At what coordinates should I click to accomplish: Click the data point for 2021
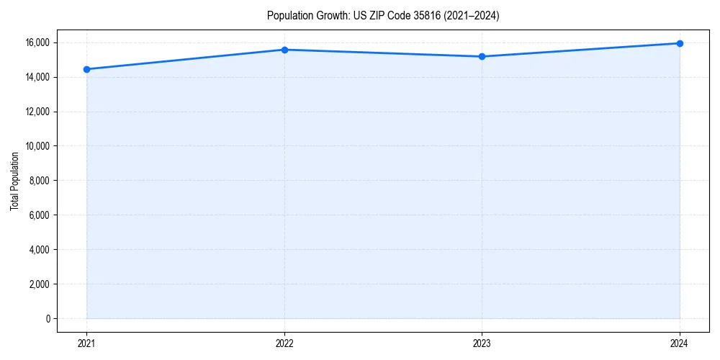point(87,69)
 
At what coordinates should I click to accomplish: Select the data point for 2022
point(284,50)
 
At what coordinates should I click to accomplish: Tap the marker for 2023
point(482,56)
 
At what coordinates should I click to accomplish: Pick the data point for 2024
point(680,43)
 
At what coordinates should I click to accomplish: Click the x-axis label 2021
point(87,343)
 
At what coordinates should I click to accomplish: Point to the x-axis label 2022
point(284,343)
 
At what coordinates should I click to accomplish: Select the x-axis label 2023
point(482,343)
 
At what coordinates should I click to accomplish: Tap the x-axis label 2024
point(680,343)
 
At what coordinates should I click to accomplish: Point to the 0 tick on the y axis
point(48,319)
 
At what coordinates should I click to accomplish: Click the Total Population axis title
point(14,181)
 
